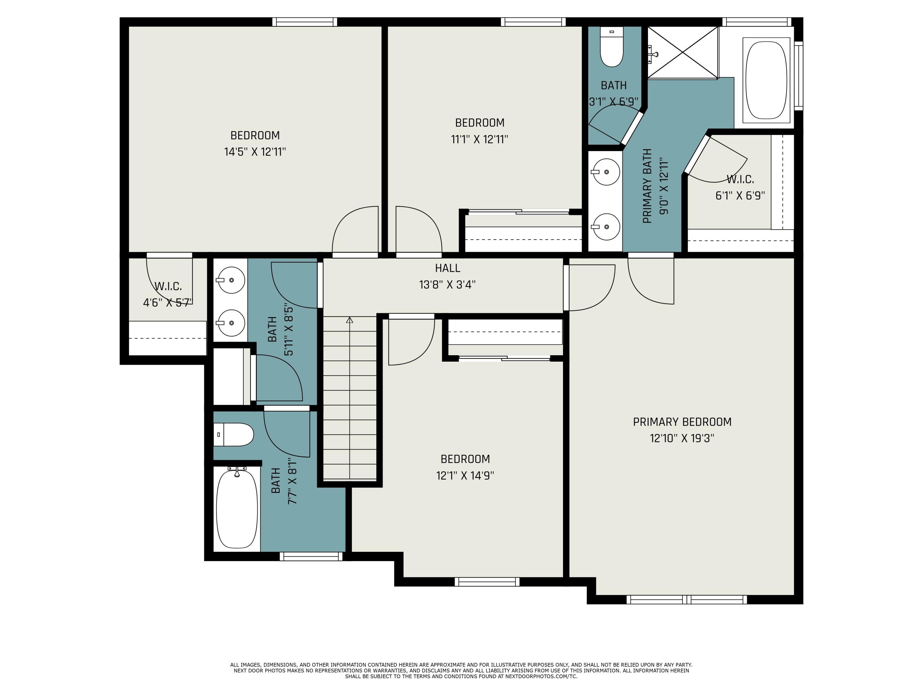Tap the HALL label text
(447, 268)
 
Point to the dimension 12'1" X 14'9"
(465, 475)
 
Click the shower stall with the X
(683, 52)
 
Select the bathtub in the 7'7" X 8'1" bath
(237, 509)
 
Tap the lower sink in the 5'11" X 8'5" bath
(231, 323)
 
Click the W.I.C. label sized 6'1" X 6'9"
(740, 179)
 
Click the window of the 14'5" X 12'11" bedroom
(305, 22)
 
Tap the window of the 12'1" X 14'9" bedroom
(487, 582)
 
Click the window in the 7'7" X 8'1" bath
(311, 556)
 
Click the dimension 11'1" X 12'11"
(479, 139)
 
